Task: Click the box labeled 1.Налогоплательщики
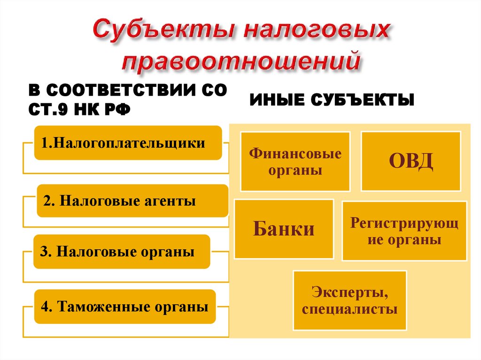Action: (x=128, y=143)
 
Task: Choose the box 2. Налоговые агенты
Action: (x=132, y=201)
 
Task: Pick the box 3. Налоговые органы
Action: (x=122, y=252)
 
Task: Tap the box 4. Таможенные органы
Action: (x=124, y=307)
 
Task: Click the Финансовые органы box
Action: (x=295, y=161)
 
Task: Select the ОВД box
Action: (x=411, y=161)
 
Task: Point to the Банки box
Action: (x=284, y=229)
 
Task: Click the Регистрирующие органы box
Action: (x=404, y=231)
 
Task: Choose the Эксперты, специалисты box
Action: (x=349, y=301)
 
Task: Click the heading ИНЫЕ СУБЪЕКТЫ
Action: (x=332, y=100)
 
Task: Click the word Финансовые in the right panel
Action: (x=295, y=153)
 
